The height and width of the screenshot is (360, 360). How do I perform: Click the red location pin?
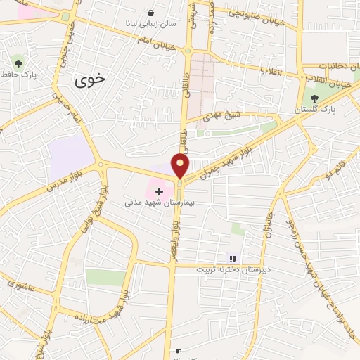point(181,166)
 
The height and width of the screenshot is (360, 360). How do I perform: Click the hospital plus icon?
point(160,191)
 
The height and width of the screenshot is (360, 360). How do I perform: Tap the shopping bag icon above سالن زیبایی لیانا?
point(151,13)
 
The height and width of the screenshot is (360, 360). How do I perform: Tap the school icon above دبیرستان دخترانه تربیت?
point(233,259)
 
